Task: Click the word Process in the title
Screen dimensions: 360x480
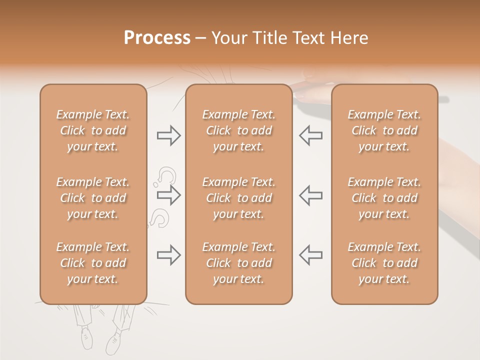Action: (x=157, y=38)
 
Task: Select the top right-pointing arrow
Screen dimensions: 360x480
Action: (x=168, y=135)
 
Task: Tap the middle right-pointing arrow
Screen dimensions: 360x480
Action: (x=168, y=195)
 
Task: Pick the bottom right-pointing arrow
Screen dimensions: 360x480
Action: (x=168, y=255)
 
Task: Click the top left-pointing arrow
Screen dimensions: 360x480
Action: (x=310, y=135)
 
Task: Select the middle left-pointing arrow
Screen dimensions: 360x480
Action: (x=310, y=195)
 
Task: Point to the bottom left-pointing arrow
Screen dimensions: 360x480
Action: (x=310, y=255)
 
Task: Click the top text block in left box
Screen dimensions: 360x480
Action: (x=93, y=130)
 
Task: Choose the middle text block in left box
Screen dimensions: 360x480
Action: (x=93, y=198)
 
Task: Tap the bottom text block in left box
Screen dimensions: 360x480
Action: (x=93, y=263)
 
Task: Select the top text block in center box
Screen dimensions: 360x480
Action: (x=238, y=130)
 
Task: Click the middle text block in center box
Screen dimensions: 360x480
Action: (x=238, y=198)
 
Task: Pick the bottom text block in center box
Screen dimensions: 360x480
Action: (x=238, y=263)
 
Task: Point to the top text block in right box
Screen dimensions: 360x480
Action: (x=384, y=130)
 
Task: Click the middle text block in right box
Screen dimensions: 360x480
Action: (x=384, y=198)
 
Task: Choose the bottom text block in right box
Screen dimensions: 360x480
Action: (x=384, y=263)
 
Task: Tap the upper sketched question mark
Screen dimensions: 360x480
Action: (x=167, y=176)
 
